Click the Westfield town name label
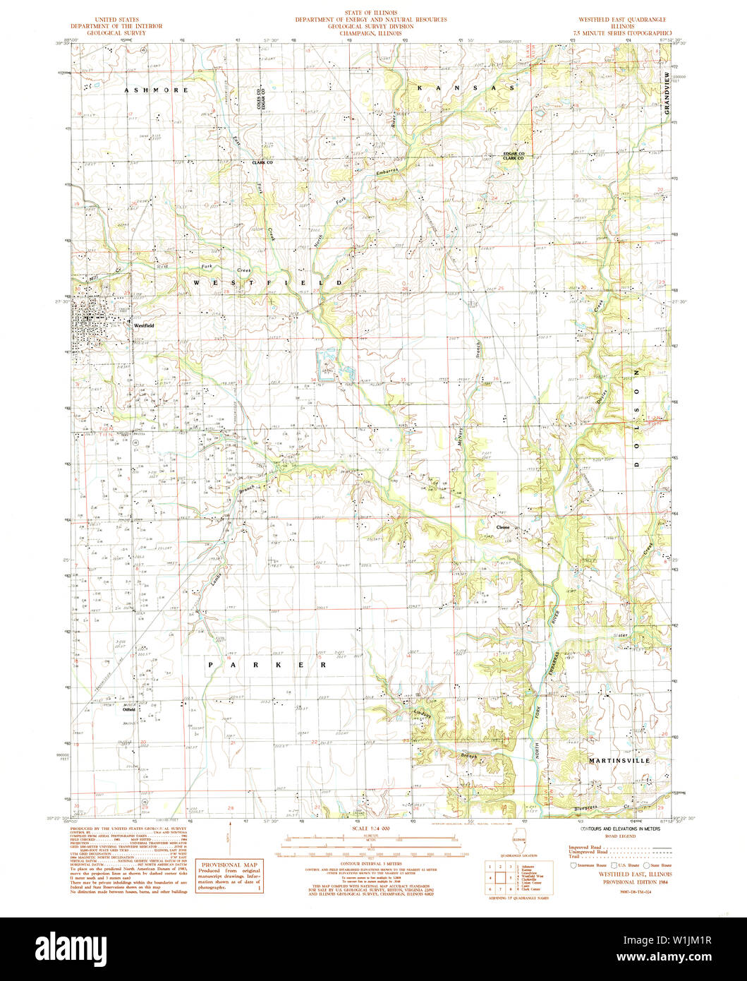[x=144, y=326]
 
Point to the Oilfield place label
[x=128, y=710]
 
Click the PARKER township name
[x=267, y=665]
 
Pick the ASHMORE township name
[x=156, y=90]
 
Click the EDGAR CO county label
[x=514, y=153]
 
